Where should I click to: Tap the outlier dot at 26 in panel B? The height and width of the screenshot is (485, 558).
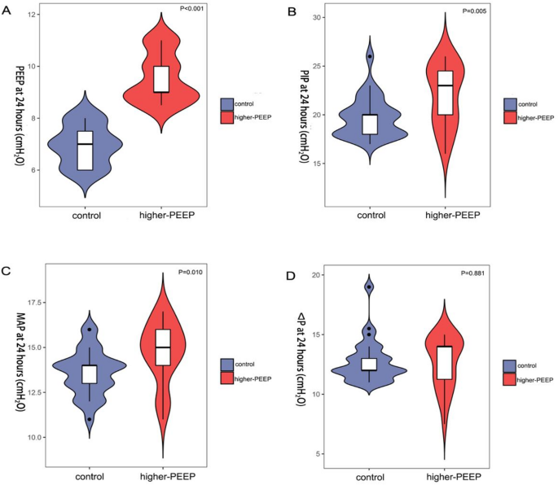click(370, 56)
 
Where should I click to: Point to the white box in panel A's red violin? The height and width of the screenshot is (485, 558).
click(160, 79)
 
